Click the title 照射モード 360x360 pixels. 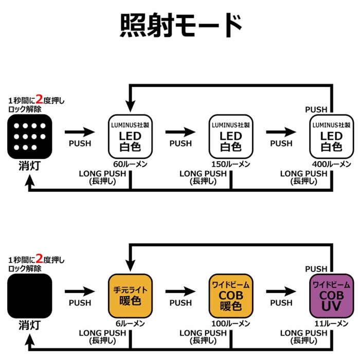point(180,26)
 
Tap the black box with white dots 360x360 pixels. point(30,136)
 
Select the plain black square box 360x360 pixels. point(30,295)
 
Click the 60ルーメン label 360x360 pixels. point(131,164)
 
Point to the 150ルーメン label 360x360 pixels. point(231,164)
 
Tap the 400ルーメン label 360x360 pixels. point(332,164)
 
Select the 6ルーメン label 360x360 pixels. point(131,323)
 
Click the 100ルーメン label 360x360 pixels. point(231,323)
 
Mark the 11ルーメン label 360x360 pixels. point(332,323)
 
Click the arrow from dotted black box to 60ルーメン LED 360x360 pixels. point(80,131)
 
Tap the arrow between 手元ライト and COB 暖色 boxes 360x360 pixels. point(181,291)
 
